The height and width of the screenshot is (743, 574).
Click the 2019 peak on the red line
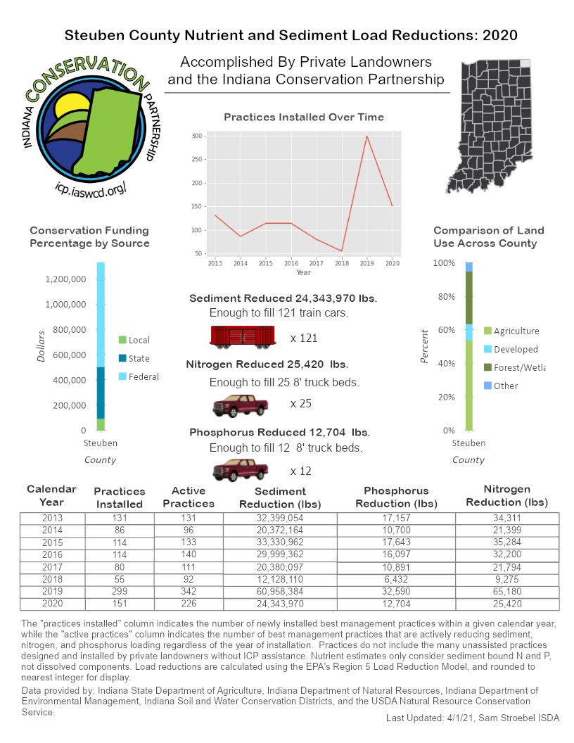(366, 136)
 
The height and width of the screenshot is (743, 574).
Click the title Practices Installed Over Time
(304, 118)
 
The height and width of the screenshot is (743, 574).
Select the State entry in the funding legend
(139, 358)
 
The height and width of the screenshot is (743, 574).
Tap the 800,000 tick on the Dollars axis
(65, 330)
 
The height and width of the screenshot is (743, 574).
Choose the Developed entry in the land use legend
(515, 349)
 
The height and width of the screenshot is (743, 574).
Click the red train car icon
(242, 337)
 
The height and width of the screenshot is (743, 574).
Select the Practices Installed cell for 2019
(118, 591)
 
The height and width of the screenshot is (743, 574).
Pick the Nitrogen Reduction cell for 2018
(508, 579)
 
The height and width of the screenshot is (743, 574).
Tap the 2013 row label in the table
(52, 519)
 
